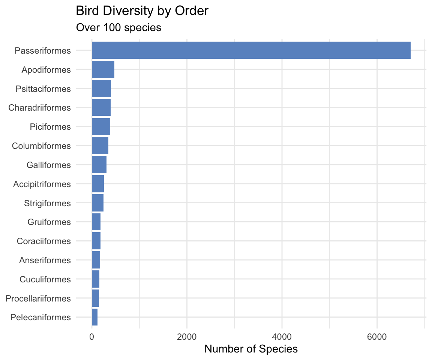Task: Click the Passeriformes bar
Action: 251,50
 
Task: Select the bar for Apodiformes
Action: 103,69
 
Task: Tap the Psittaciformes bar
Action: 101,88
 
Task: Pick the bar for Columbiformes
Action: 100,145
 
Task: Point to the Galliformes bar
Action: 99,165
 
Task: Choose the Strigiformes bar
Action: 97,203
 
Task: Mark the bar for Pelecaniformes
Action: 94,317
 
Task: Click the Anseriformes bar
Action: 96,260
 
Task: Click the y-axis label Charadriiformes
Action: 39,108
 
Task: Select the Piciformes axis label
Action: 50,127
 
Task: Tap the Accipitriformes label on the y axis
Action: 42,184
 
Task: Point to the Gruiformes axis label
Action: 49,222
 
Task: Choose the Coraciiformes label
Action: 44,241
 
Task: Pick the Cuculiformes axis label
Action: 45,279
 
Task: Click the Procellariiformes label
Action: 38,298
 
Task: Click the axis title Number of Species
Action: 251,349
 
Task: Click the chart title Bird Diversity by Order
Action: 142,11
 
